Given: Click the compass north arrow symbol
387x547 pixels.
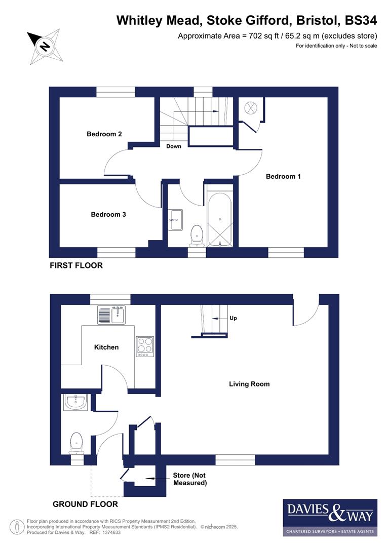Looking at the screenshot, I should point(45,47).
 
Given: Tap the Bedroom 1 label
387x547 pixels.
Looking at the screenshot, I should point(283,176).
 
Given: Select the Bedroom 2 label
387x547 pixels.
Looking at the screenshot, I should point(104,134).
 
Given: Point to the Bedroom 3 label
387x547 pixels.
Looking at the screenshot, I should point(108,214).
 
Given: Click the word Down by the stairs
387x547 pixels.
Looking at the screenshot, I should point(174,146).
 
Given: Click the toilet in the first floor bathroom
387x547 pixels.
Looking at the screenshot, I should point(197,235).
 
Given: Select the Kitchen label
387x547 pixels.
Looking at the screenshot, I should point(106,347).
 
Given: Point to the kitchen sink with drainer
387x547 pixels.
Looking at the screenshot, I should point(111,315).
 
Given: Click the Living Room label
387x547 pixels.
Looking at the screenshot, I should point(249,384).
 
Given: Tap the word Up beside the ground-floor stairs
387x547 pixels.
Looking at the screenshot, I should point(233,318).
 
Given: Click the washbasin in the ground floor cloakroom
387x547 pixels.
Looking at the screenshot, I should point(76,403).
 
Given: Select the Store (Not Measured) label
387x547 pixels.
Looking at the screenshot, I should point(190,479).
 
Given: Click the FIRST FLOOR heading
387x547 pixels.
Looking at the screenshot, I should point(76,265).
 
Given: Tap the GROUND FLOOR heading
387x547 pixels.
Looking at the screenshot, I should point(85,504).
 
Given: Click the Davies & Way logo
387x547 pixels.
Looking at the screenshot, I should point(330,517).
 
